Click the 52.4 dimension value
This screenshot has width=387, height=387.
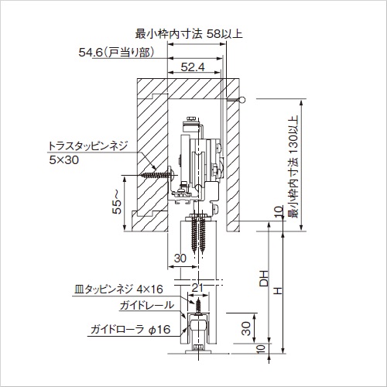[x=193, y=67]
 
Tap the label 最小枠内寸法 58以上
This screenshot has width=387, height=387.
[x=189, y=34]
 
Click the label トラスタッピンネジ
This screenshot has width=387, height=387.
[x=87, y=146]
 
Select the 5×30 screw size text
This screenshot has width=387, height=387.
[x=64, y=160]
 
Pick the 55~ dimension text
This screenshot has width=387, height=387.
[x=117, y=202]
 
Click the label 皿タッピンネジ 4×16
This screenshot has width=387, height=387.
[x=118, y=289]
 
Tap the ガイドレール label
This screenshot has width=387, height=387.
[x=146, y=306]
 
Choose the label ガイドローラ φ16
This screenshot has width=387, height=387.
[x=131, y=330]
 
